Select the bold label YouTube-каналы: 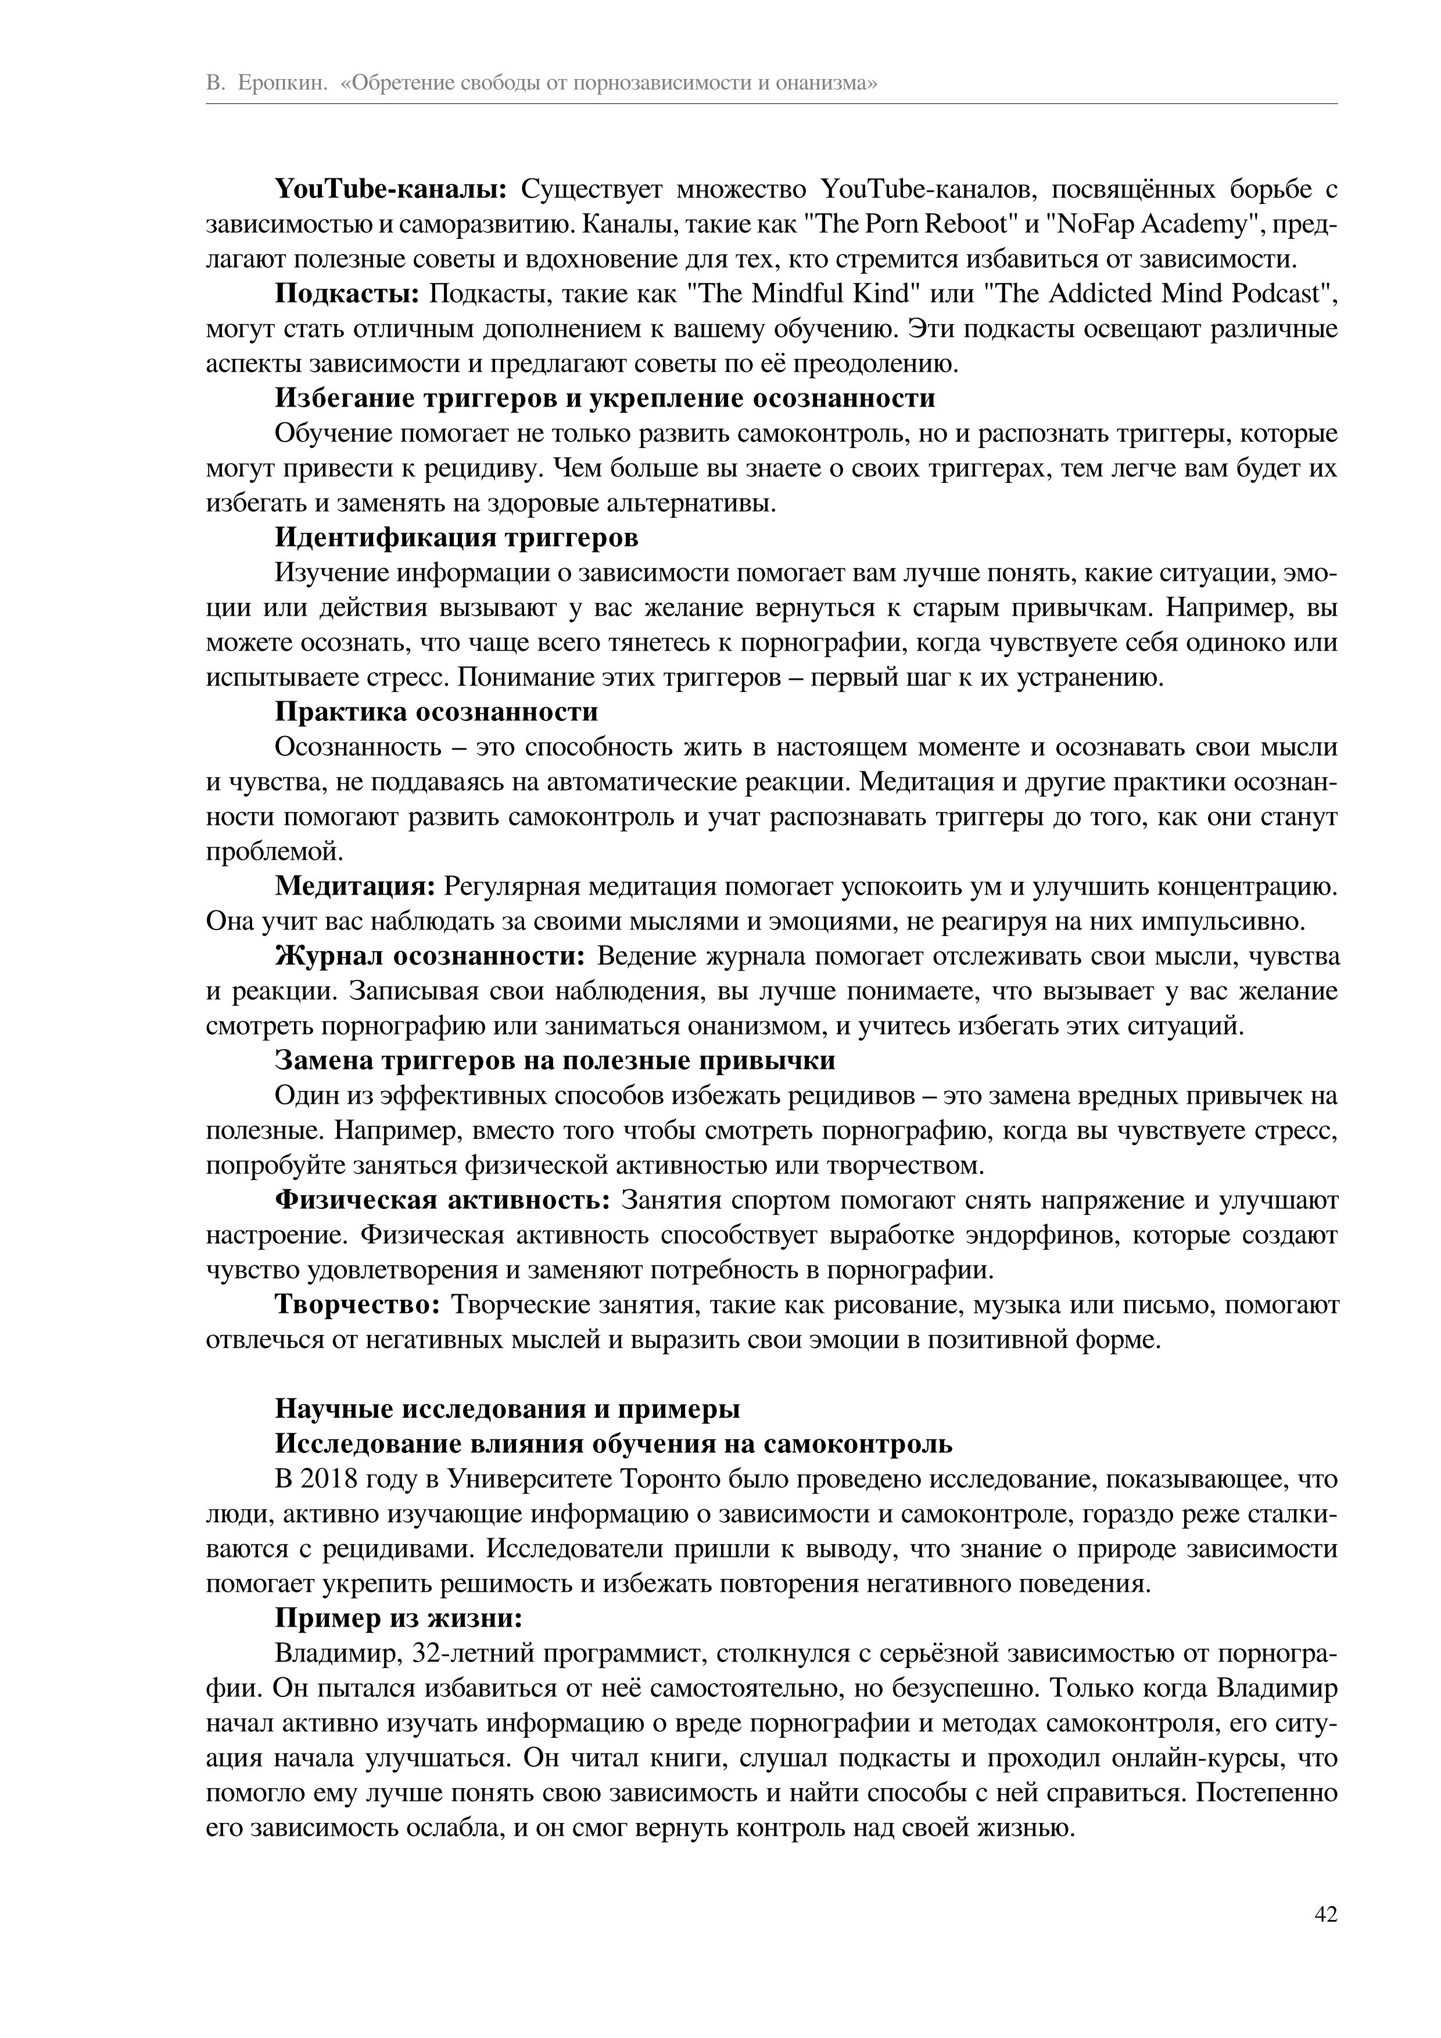(x=390, y=190)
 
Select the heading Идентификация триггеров (x=456, y=539)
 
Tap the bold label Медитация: (x=354, y=887)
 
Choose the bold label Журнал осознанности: (x=431, y=957)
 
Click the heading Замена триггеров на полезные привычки (x=555, y=1061)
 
